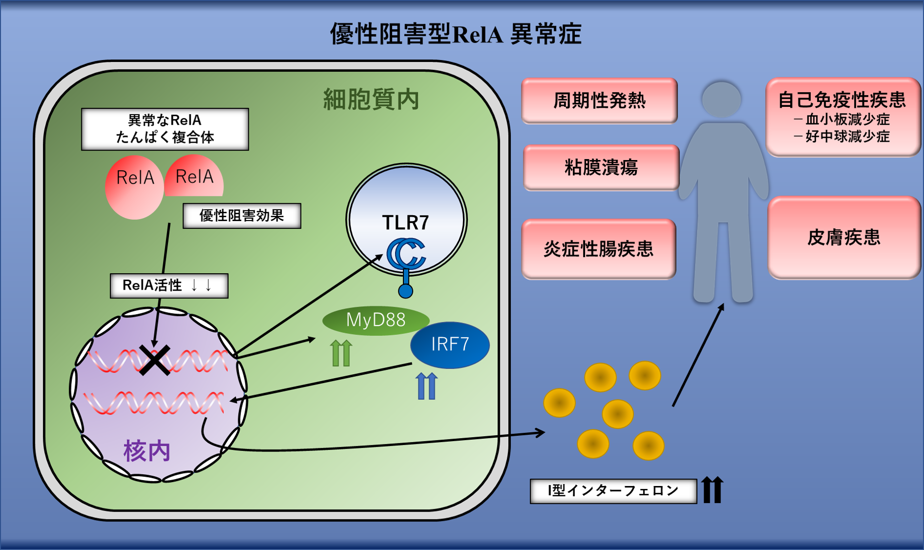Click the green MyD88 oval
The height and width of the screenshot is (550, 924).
[375, 321]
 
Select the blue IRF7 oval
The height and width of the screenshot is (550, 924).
[450, 345]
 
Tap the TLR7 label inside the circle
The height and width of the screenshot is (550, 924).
[406, 223]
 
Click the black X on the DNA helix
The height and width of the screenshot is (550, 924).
[155, 360]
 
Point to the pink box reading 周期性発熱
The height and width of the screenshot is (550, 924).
[599, 101]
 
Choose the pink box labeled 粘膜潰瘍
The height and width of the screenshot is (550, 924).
[601, 168]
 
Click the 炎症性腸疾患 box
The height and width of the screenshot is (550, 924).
[598, 249]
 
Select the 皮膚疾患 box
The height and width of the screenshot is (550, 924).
[844, 238]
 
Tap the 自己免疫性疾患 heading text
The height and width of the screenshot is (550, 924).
[842, 100]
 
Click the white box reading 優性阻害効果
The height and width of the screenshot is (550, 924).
[242, 216]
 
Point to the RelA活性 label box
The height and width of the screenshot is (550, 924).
[169, 286]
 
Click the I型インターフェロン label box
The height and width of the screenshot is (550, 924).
[613, 491]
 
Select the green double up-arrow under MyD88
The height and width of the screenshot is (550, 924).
[341, 353]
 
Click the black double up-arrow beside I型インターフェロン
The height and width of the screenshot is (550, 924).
[712, 490]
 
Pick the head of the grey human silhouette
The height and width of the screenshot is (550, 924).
[722, 99]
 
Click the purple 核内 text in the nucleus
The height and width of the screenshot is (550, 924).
[147, 451]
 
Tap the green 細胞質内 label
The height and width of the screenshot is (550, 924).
[371, 99]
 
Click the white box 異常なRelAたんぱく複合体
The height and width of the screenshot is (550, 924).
[165, 129]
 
